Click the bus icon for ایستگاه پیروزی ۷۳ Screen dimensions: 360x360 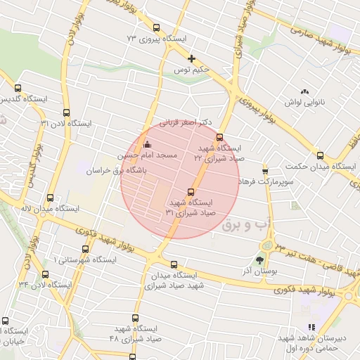157,28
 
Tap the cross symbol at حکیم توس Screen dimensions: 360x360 191,58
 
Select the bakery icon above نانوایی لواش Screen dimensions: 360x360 304,91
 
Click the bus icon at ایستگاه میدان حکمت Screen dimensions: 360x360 320,155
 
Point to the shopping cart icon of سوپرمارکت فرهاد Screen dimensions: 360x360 265,170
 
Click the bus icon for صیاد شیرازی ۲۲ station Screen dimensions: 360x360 220,137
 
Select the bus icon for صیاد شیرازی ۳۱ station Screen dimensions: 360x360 191,192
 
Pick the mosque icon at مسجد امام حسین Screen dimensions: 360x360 146,144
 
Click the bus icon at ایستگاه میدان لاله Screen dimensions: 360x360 49,198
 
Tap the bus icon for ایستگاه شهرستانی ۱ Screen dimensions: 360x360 86,249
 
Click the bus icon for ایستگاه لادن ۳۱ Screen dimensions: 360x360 67,112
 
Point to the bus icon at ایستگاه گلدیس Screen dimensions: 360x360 18,88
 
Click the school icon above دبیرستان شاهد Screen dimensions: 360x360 311,327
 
